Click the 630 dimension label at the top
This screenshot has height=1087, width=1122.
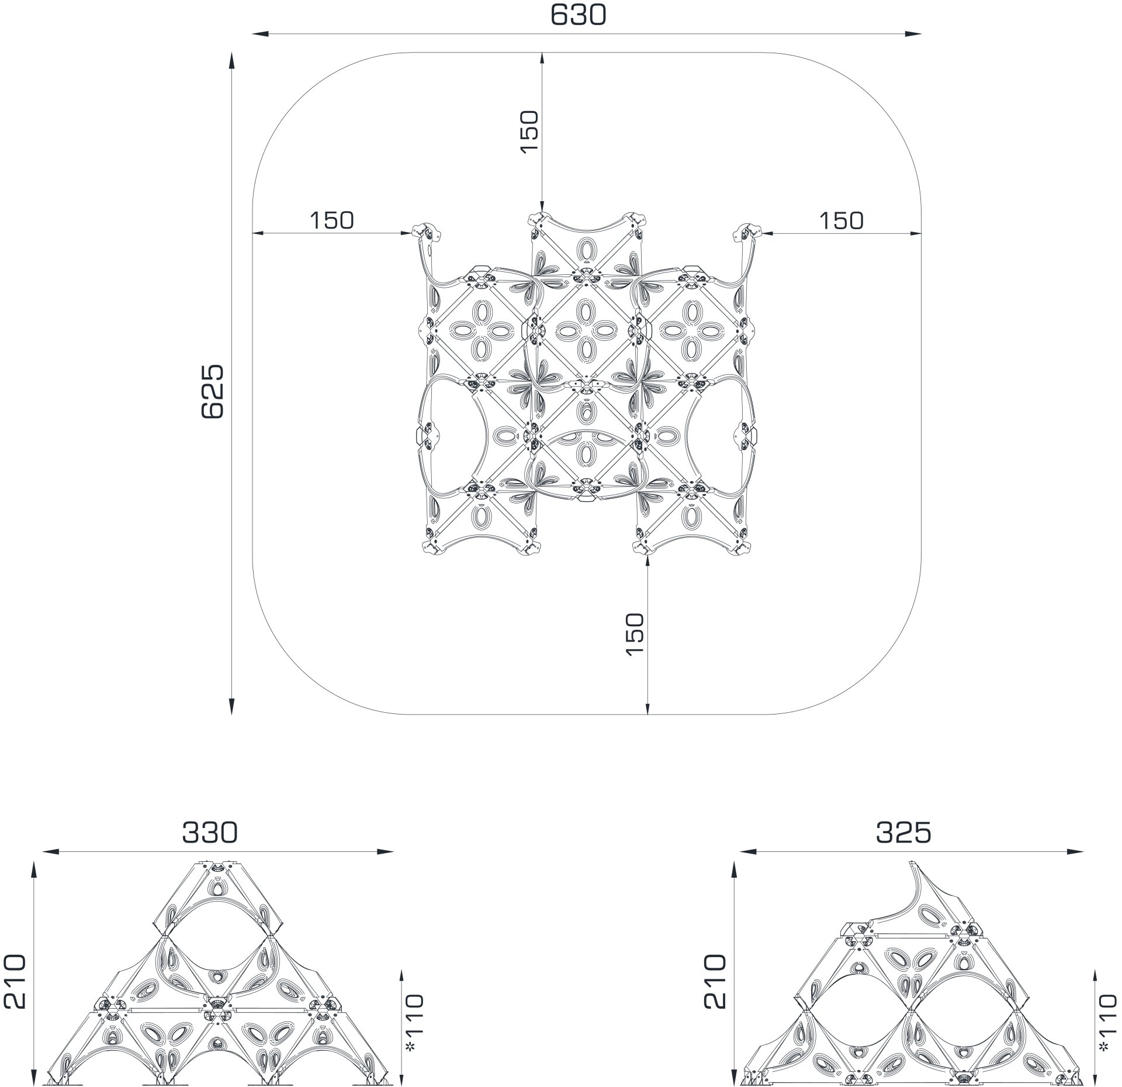[578, 16]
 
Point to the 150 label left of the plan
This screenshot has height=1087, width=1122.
[331, 220]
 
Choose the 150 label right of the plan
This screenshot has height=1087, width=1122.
[841, 220]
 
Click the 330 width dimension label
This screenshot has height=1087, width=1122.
[210, 833]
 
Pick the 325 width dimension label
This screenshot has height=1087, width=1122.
[903, 833]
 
